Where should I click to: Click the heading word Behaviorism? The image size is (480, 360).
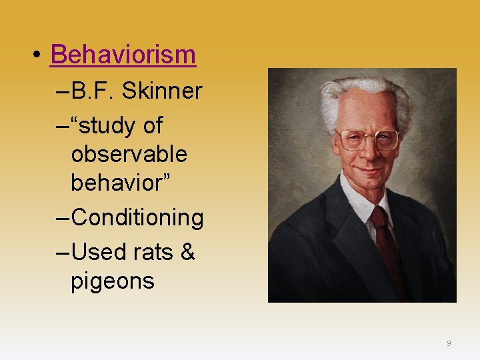[x=123, y=55]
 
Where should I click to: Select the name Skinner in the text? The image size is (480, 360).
[x=169, y=91]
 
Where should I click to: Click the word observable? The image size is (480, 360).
[x=129, y=154]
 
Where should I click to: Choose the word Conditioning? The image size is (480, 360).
[x=137, y=217]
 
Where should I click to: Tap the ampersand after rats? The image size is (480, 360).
[x=187, y=251]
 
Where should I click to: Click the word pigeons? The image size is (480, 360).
[x=112, y=281]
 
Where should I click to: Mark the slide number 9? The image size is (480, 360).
[x=449, y=343]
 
